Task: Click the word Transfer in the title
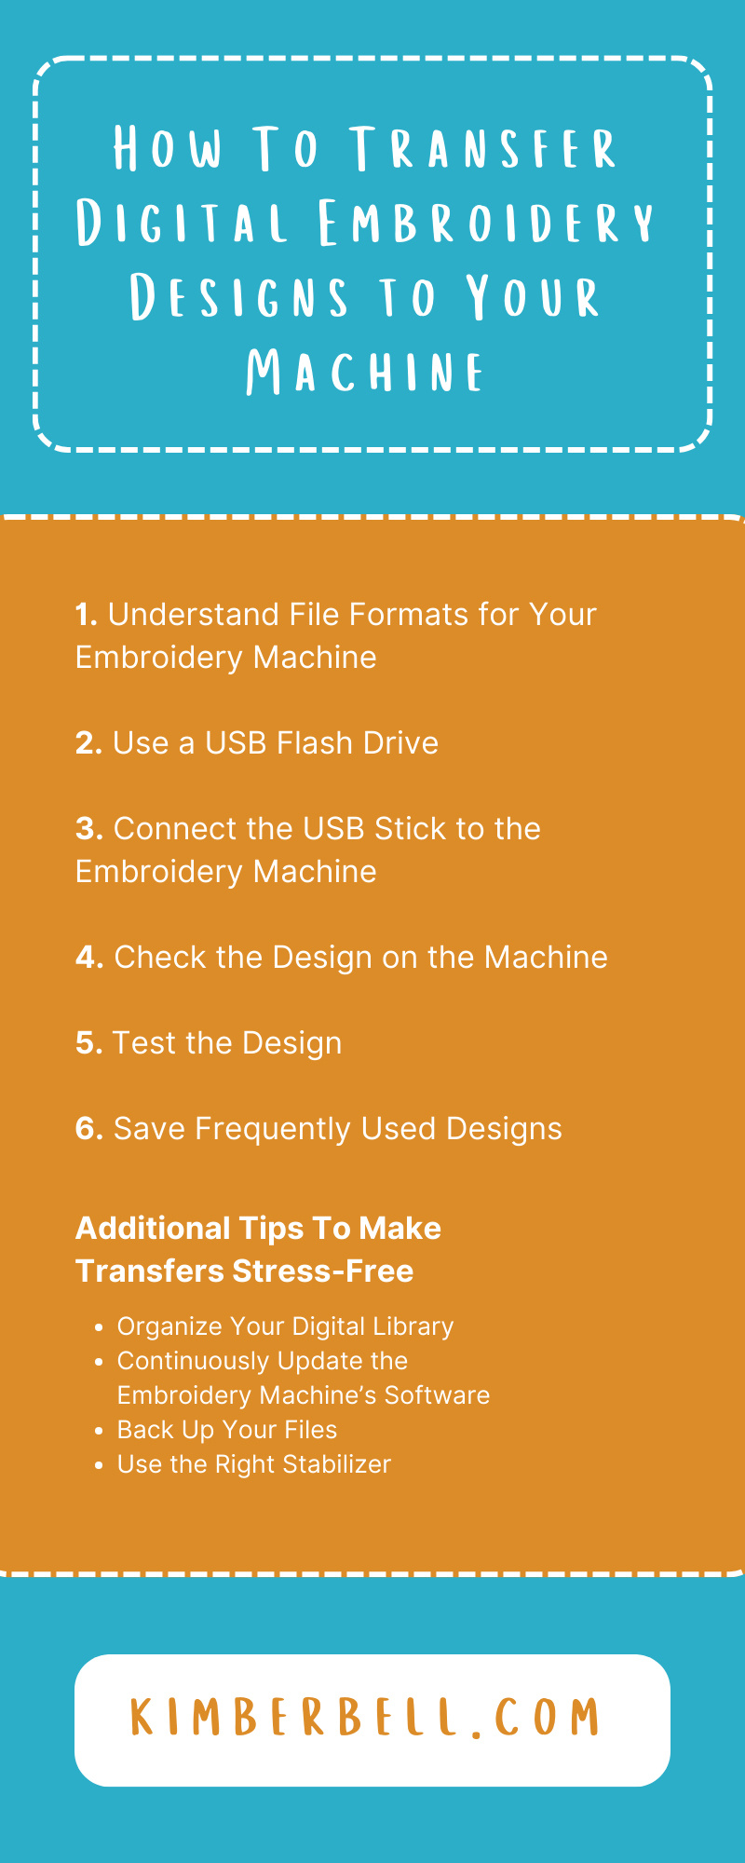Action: [x=483, y=149]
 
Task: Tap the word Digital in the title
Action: [x=182, y=224]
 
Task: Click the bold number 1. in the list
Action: [x=87, y=615]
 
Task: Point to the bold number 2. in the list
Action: [x=88, y=743]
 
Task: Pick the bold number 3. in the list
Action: [x=88, y=829]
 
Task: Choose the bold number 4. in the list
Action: [x=89, y=958]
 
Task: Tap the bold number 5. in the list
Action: [x=88, y=1043]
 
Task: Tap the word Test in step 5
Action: [x=144, y=1043]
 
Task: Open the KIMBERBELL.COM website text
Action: [x=366, y=1718]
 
